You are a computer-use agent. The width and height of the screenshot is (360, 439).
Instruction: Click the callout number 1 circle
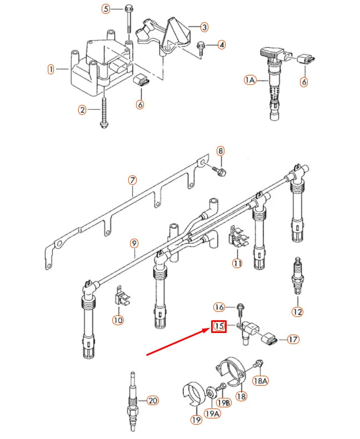point(51,69)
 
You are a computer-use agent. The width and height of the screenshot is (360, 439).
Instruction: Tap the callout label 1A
point(249,80)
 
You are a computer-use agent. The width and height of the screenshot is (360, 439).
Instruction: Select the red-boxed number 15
point(219,327)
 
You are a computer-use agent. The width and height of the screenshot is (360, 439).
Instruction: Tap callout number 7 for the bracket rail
point(132,180)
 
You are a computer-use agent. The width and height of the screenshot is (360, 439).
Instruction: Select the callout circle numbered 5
point(106,9)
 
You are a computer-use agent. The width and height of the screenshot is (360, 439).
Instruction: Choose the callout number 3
point(204,27)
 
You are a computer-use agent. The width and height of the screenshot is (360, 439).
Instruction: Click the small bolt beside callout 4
point(202,46)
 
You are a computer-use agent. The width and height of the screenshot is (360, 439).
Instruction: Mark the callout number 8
point(220,150)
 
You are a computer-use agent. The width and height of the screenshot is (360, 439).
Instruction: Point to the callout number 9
point(133,243)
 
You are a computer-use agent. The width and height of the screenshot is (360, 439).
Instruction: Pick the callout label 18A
point(260,380)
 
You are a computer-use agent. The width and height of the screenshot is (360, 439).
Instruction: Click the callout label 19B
point(223,402)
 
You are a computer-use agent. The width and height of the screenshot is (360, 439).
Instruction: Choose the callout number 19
point(196,420)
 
